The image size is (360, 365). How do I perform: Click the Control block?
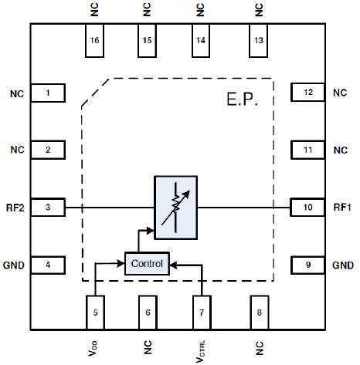coord(147,264)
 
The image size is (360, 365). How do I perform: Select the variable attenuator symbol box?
coord(176,208)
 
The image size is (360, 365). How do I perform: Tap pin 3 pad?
coord(48,207)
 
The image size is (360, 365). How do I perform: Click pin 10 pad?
coord(307,207)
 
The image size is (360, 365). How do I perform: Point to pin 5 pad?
coord(95,313)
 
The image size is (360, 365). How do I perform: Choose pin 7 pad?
coord(202,313)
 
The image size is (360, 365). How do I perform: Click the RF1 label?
coord(342,207)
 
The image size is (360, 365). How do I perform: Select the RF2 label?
coord(15,208)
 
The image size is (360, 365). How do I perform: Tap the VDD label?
coord(93,349)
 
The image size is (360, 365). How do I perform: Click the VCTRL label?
coord(200,352)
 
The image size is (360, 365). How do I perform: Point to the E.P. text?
coord(242,100)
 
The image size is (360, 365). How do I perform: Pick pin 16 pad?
coord(94,40)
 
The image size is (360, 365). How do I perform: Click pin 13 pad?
coord(258,40)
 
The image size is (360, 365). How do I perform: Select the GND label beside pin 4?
coord(14,265)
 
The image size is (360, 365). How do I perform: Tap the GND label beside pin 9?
coord(343,265)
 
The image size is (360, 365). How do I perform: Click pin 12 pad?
coord(307,92)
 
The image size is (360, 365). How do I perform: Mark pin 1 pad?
coord(48,93)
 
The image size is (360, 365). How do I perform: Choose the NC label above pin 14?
coord(200,10)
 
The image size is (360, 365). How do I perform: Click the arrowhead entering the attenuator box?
coord(150,231)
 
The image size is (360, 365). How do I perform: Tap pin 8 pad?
coord(260,313)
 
